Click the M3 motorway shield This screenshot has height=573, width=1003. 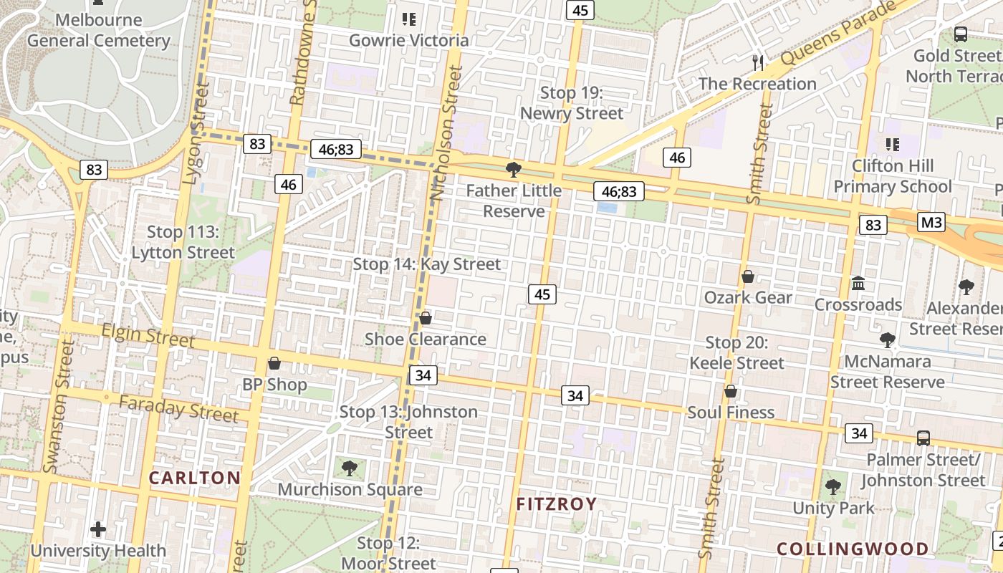pyautogui.click(x=931, y=222)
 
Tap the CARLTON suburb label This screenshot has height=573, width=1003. pyautogui.click(x=195, y=478)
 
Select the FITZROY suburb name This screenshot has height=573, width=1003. pyautogui.click(x=557, y=504)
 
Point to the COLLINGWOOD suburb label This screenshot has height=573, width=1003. pyautogui.click(x=853, y=549)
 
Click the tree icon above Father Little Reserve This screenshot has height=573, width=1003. pyautogui.click(x=513, y=170)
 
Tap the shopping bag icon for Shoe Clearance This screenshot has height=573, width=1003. pyautogui.click(x=426, y=318)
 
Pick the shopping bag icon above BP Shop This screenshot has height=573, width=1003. pyautogui.click(x=274, y=363)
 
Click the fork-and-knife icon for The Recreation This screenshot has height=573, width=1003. pyautogui.click(x=757, y=62)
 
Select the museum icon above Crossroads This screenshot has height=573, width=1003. pyautogui.click(x=858, y=284)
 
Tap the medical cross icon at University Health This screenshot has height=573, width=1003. pyautogui.click(x=98, y=530)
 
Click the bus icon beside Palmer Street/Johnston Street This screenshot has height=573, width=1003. pyautogui.click(x=923, y=438)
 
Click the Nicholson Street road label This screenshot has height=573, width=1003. pyautogui.click(x=445, y=133)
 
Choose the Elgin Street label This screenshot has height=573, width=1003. pyautogui.click(x=148, y=334)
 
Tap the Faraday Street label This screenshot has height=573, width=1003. pyautogui.click(x=178, y=408)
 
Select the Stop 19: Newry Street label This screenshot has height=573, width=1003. pyautogui.click(x=572, y=103)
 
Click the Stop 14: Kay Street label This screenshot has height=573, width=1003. pyautogui.click(x=427, y=264)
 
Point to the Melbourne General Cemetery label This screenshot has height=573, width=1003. pyautogui.click(x=99, y=30)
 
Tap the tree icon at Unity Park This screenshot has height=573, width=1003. pyautogui.click(x=832, y=487)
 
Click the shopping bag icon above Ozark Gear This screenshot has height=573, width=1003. pyautogui.click(x=748, y=276)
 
